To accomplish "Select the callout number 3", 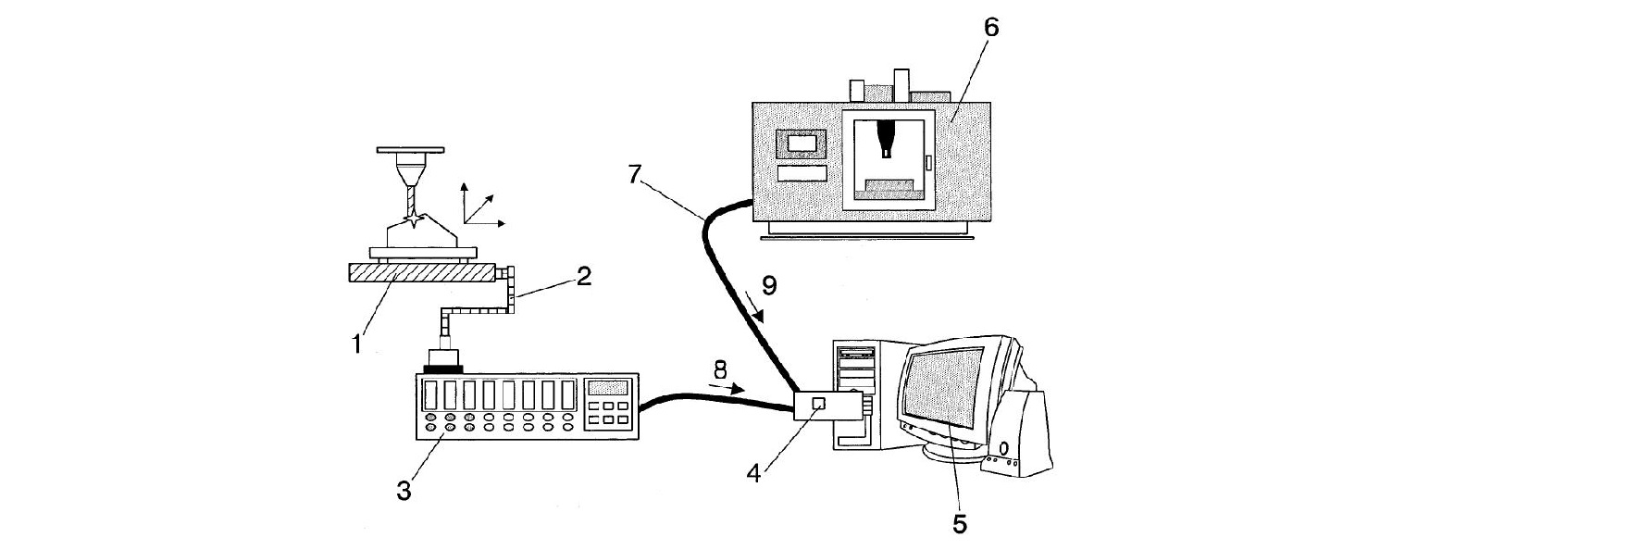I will coord(404,491).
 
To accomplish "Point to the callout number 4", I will coord(754,473).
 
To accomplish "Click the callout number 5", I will coord(960,523).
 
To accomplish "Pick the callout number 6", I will coord(991,27).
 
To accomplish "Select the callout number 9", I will coord(768,285).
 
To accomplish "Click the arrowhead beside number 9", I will coord(761,318).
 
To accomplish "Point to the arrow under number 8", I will coord(731,390).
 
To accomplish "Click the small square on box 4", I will coord(817,404).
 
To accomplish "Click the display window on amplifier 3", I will coord(608,388).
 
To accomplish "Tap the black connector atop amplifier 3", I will coord(442,370).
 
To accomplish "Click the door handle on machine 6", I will coord(927,163).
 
